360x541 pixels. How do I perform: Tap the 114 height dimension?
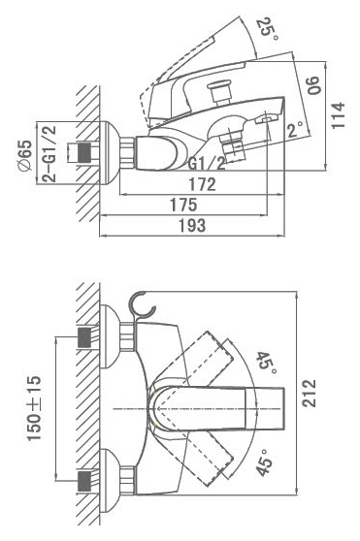338,115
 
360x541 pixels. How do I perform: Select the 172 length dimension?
202,184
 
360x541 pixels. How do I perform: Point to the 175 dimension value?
183,205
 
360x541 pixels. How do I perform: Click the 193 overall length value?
192,225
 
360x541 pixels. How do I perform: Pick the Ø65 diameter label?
25,155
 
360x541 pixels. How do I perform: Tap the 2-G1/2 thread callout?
49,154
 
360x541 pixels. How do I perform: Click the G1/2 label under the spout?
207,164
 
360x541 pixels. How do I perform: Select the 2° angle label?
295,130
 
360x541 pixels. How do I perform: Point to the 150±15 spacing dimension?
34,408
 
